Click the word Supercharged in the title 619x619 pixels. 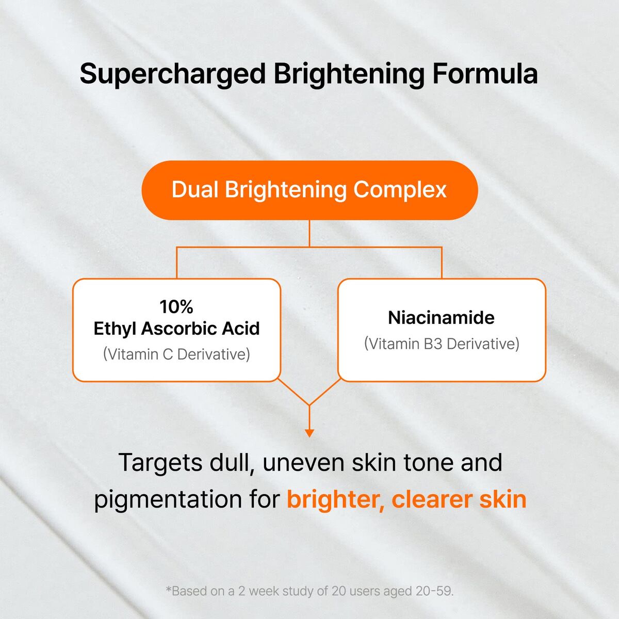pyautogui.click(x=172, y=74)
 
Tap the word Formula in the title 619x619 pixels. pyautogui.click(x=485, y=74)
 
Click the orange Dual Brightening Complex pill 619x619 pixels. pyautogui.click(x=309, y=190)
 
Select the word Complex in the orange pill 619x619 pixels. pyautogui.click(x=400, y=190)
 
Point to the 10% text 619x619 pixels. pyautogui.click(x=176, y=307)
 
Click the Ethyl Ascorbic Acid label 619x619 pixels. pyautogui.click(x=176, y=329)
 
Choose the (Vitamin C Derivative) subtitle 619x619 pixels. pyautogui.click(x=176, y=354)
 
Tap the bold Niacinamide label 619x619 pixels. pyautogui.click(x=441, y=318)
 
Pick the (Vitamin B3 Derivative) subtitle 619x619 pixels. pyautogui.click(x=441, y=344)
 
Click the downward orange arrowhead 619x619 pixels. pyautogui.click(x=309, y=433)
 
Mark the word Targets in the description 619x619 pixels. pyautogui.click(x=160, y=463)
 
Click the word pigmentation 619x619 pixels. pyautogui.click(x=175, y=499)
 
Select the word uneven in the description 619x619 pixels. pyautogui.click(x=304, y=463)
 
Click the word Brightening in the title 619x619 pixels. pyautogui.click(x=349, y=74)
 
